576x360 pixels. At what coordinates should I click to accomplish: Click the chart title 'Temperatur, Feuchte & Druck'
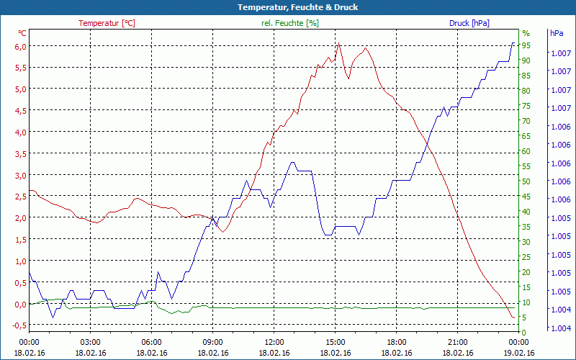click(288, 7)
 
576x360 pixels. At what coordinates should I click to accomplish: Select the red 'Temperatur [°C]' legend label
click(107, 23)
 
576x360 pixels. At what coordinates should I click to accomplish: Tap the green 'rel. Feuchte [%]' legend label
click(290, 23)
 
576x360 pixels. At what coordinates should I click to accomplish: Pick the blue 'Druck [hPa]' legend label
click(469, 23)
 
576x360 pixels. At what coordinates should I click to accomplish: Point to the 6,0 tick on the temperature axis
click(21, 46)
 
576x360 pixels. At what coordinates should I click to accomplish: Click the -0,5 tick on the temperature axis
click(19, 325)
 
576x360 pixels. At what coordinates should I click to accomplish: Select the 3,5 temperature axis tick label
click(21, 154)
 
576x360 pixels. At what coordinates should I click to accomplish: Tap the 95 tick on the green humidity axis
click(526, 45)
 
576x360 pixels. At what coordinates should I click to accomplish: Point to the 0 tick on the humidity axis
click(524, 333)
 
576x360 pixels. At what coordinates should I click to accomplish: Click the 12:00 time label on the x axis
click(274, 343)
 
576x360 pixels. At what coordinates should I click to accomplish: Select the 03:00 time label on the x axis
click(90, 343)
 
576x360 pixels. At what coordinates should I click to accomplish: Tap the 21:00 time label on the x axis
click(457, 343)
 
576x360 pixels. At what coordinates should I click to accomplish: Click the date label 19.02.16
click(518, 353)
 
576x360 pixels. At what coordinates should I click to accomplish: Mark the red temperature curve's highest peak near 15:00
click(338, 44)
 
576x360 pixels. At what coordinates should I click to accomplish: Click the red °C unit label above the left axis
click(22, 33)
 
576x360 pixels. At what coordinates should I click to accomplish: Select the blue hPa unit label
click(556, 33)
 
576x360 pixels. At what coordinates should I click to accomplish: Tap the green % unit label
click(526, 33)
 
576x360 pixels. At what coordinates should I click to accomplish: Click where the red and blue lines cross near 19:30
click(426, 143)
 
